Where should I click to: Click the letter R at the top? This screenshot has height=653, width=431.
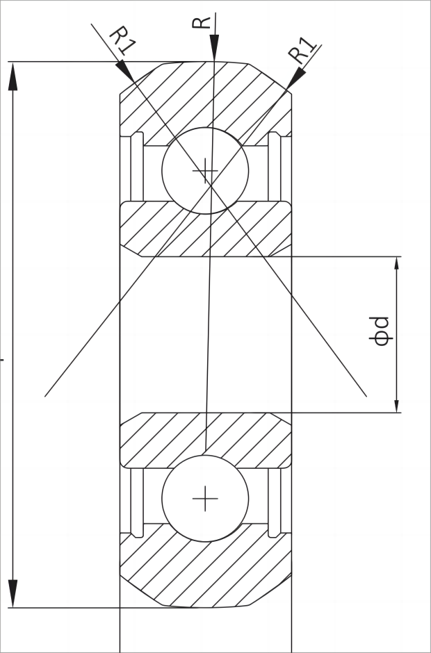[x=202, y=22]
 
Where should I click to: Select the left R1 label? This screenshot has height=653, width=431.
[x=122, y=40]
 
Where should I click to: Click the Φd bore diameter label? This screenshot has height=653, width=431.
[x=381, y=331]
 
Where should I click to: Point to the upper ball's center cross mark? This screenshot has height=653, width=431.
[x=205, y=170]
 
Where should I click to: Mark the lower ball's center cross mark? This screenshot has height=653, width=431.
[x=205, y=498]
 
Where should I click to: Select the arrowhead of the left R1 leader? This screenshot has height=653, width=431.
[x=124, y=71]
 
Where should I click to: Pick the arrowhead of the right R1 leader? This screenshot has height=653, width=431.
[x=295, y=78]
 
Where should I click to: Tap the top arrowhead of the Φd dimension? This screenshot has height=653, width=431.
[x=397, y=264]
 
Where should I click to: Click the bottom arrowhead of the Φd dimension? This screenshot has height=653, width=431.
[x=397, y=406]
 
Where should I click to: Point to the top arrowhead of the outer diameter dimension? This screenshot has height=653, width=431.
[x=13, y=76]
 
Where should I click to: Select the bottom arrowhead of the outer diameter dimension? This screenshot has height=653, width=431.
[x=13, y=594]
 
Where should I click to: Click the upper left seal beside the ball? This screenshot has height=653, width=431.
[x=136, y=167]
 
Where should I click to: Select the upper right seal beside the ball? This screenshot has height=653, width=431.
[x=274, y=167]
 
